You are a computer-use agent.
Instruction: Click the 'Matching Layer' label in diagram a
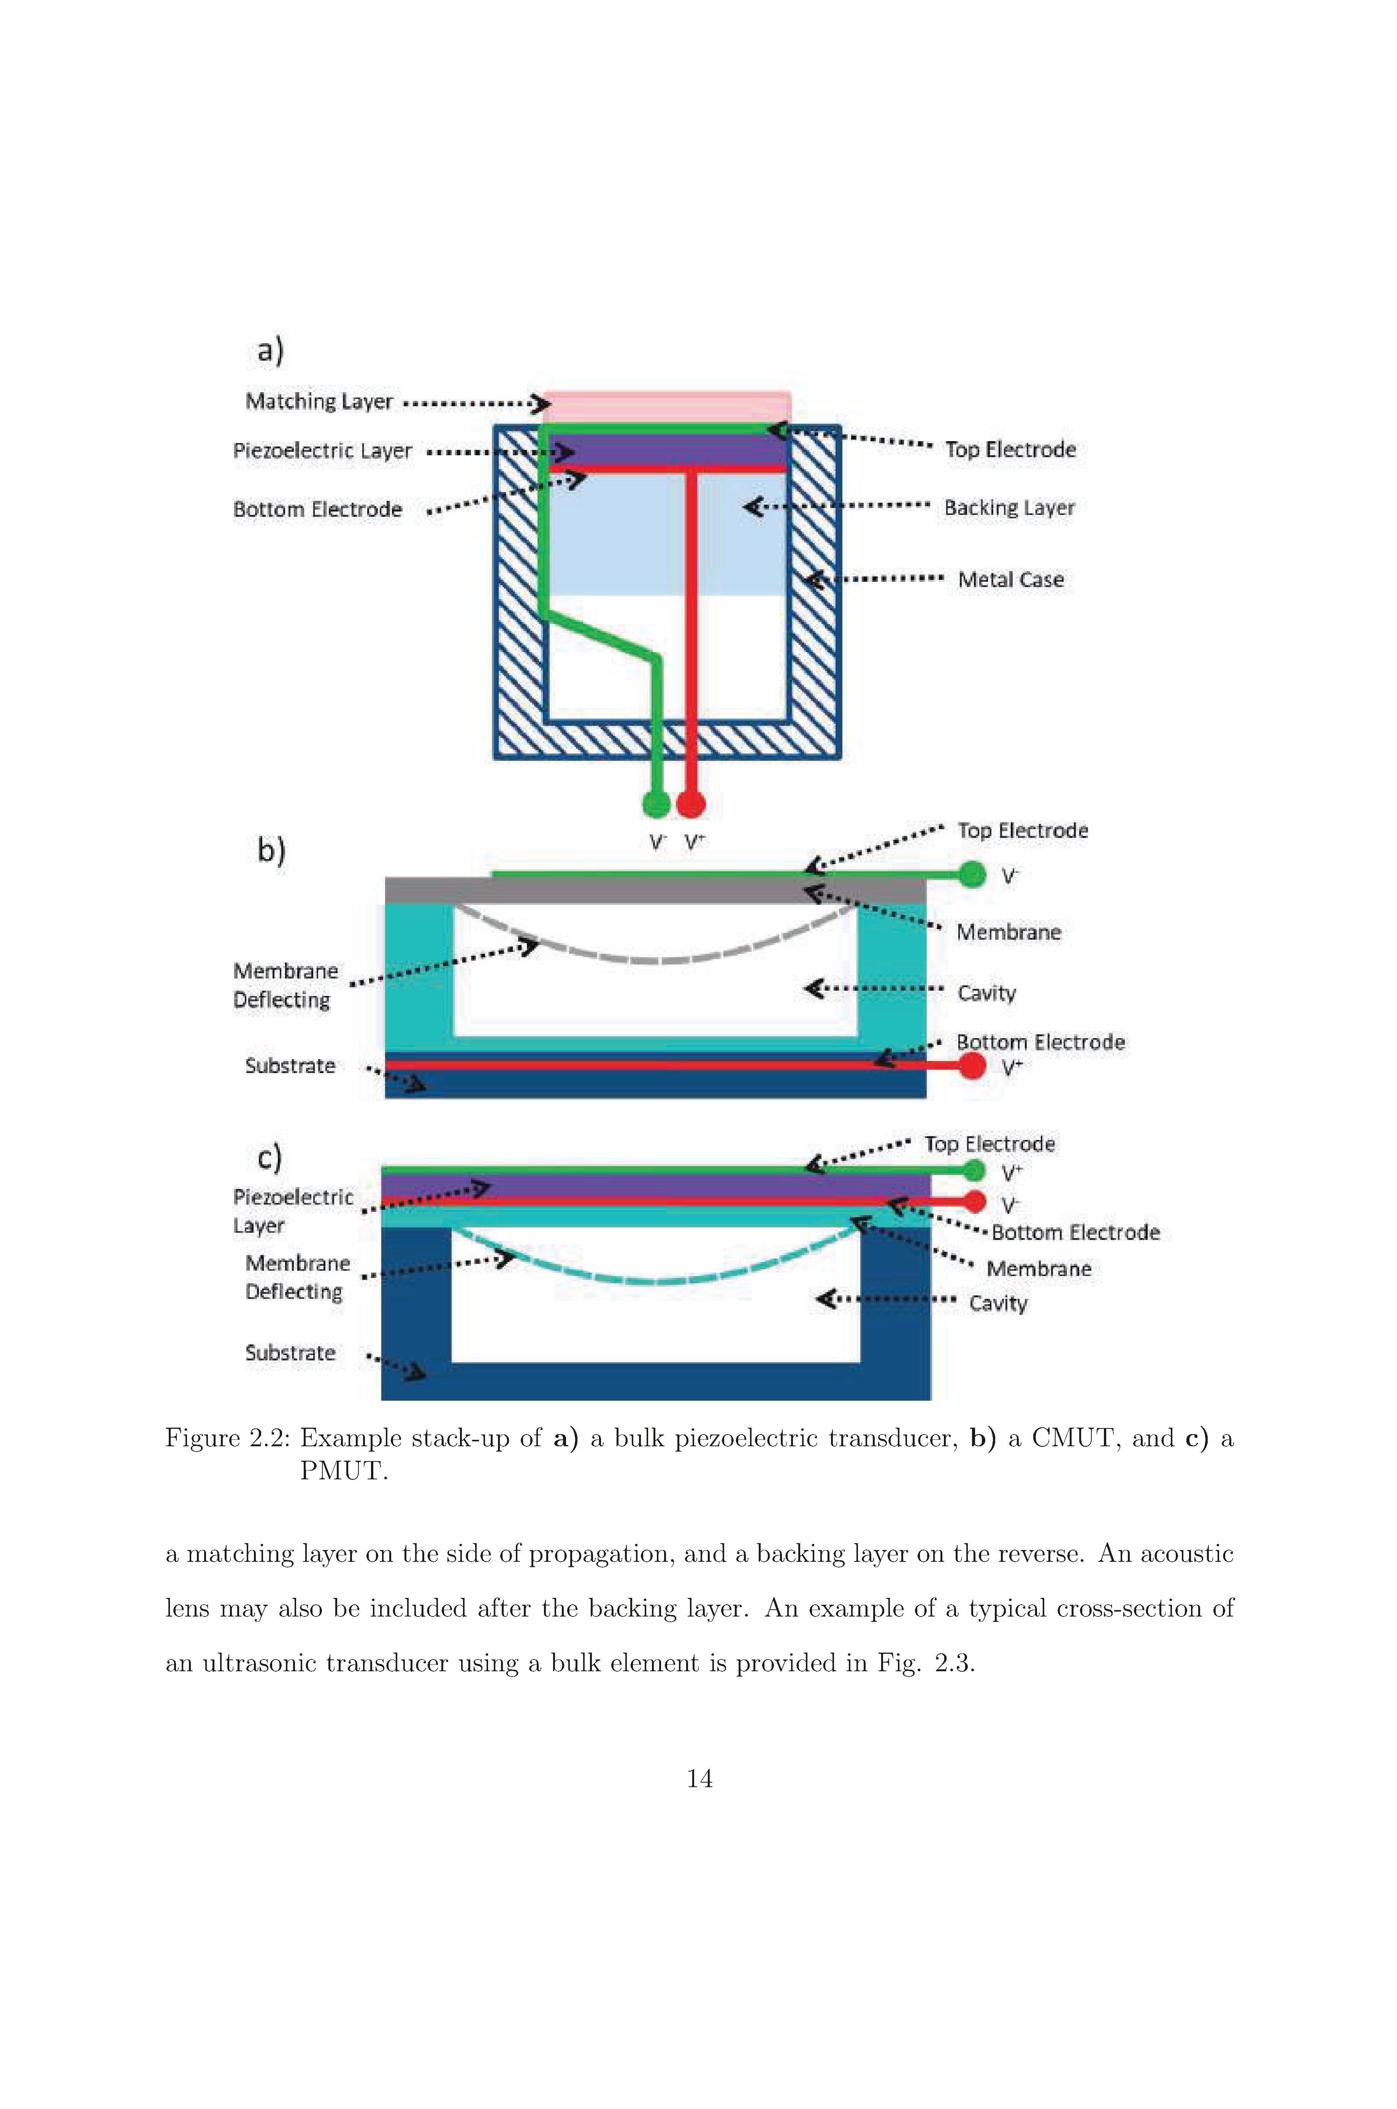pos(319,402)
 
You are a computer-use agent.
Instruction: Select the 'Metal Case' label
pos(1010,580)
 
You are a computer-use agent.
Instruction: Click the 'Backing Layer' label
pos(1009,508)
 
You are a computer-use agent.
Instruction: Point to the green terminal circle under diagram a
pos(656,804)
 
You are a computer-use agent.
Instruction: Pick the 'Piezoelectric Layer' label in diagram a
pos(322,451)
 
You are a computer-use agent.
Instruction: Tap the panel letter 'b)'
pos(271,850)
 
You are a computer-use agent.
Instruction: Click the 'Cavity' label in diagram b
pos(986,993)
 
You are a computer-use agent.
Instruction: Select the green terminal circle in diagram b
pos(973,875)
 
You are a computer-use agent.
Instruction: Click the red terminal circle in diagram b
pos(973,1065)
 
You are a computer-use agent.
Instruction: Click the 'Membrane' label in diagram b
pos(1009,933)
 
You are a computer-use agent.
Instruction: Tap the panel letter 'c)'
pos(269,1157)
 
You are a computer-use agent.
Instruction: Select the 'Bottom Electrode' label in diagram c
pos(1075,1233)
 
